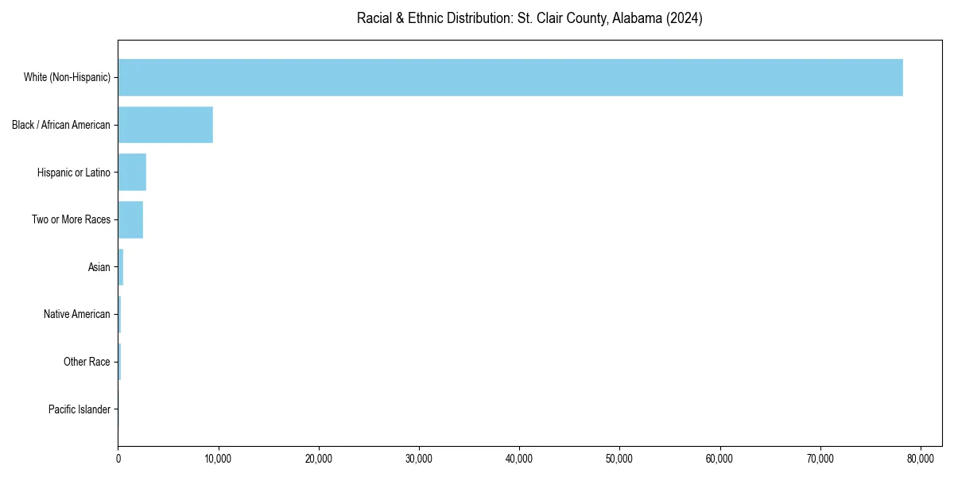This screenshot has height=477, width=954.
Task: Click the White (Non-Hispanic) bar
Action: (x=510, y=77)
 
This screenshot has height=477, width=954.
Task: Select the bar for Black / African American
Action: (x=165, y=125)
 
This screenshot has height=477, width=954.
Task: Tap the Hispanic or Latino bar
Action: (x=132, y=173)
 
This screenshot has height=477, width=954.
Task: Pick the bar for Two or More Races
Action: (x=130, y=219)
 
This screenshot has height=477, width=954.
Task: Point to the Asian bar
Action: (x=121, y=267)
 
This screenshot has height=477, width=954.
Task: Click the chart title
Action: (x=529, y=18)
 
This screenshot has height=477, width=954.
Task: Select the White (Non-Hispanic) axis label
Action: (x=67, y=77)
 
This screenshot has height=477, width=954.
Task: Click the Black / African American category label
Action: (x=61, y=125)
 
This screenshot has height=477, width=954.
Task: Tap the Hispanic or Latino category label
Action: (x=74, y=173)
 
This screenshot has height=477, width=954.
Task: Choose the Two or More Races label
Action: (x=71, y=219)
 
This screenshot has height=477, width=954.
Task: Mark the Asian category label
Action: (x=99, y=267)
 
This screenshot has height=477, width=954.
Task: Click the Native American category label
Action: (x=77, y=315)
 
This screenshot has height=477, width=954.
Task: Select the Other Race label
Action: (x=87, y=362)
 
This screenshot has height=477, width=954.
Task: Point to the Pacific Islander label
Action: (x=79, y=409)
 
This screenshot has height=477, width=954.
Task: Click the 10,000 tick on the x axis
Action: (x=218, y=459)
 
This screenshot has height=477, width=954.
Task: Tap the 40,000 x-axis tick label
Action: (x=519, y=459)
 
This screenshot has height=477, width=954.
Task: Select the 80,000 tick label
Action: (x=920, y=459)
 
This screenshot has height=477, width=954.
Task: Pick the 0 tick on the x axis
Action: (x=118, y=459)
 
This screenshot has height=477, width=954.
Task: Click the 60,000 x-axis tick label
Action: (x=719, y=459)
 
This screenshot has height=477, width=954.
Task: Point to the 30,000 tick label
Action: (x=419, y=459)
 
